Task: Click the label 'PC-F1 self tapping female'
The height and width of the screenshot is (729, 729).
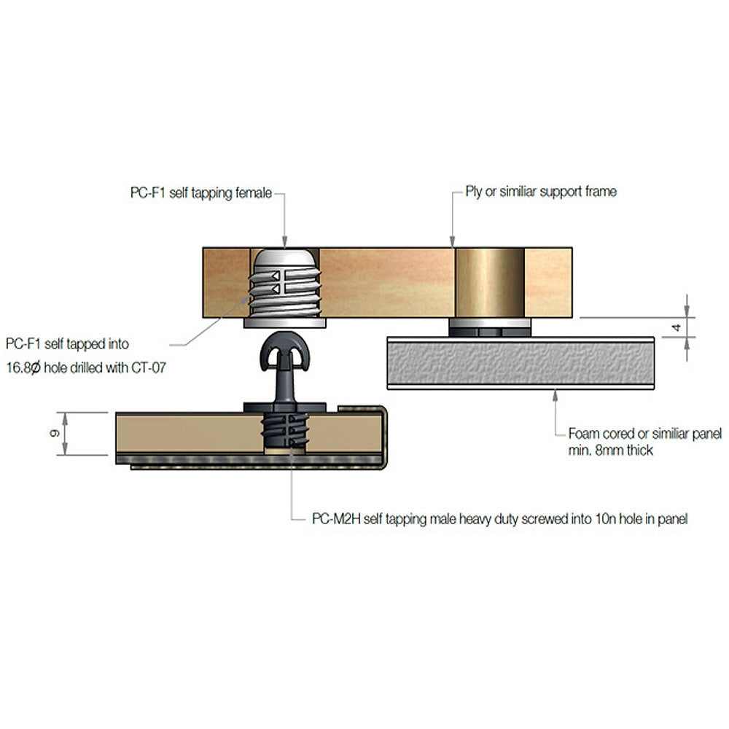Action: [x=197, y=193]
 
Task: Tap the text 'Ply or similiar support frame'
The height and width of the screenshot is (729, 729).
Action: [x=541, y=192]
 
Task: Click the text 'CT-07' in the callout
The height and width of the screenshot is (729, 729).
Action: [x=147, y=368]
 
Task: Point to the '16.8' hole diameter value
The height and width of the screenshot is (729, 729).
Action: [x=20, y=368]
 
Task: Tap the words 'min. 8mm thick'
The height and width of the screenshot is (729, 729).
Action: [x=610, y=451]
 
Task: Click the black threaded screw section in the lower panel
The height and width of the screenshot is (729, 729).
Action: [x=285, y=433]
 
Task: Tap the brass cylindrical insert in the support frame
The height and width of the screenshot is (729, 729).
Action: [x=489, y=281]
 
